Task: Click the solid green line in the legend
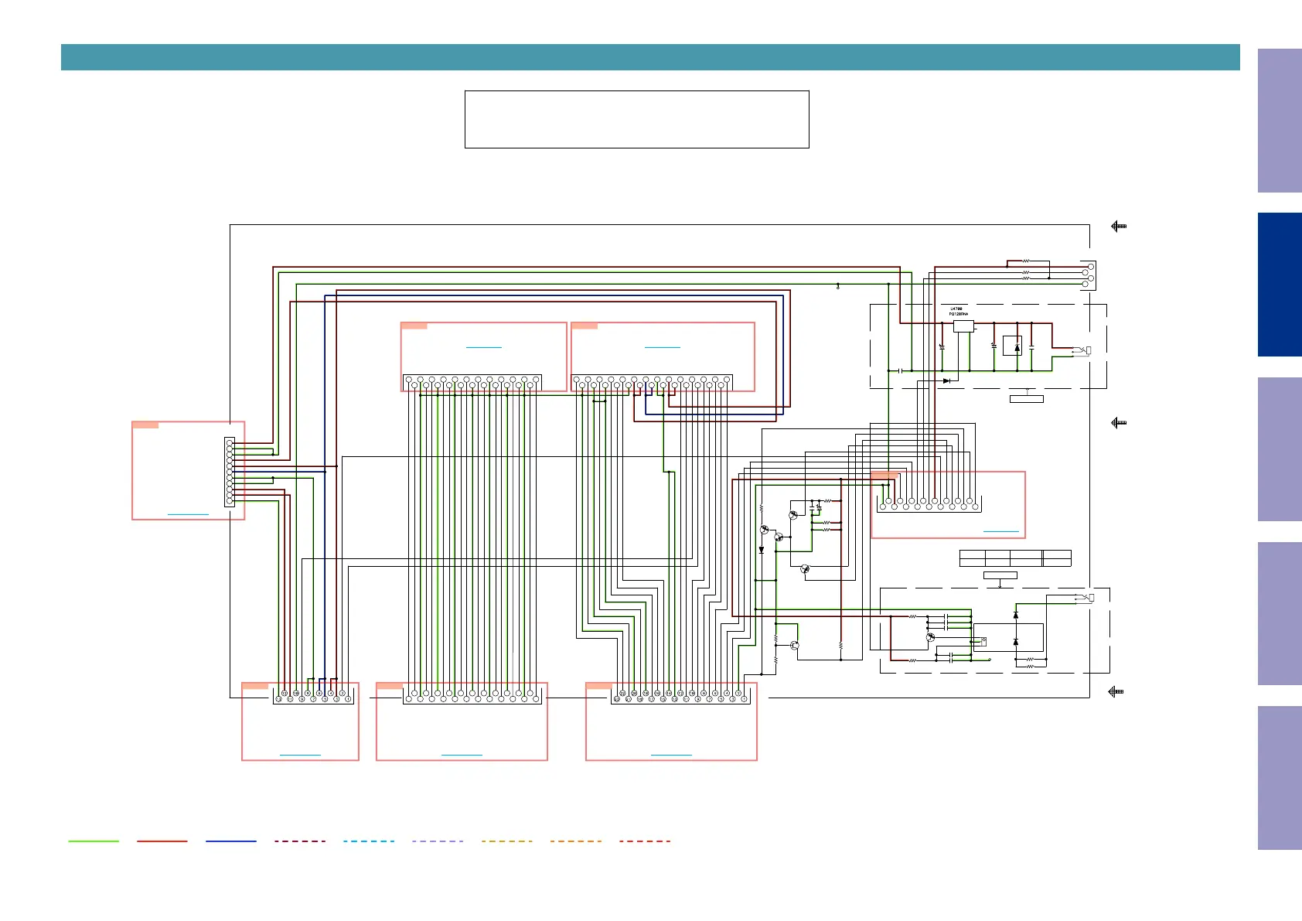[x=94, y=841]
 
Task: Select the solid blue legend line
[x=231, y=841]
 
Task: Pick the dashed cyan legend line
[x=369, y=841]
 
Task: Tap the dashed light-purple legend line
[x=438, y=841]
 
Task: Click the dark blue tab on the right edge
[x=1280, y=285]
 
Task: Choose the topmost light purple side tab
[x=1280, y=121]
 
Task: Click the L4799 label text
[x=956, y=309]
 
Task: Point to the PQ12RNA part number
[x=959, y=315]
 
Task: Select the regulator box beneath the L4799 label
[x=963, y=326]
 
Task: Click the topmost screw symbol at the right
[x=1119, y=227]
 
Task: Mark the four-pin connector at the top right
[x=1088, y=275]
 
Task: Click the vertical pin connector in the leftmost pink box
[x=230, y=472]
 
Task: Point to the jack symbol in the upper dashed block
[x=1084, y=351]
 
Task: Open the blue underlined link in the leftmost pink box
[x=188, y=514]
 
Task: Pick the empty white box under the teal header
[x=636, y=119]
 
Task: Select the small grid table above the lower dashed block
[x=1015, y=558]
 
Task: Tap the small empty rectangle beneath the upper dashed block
[x=1027, y=399]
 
